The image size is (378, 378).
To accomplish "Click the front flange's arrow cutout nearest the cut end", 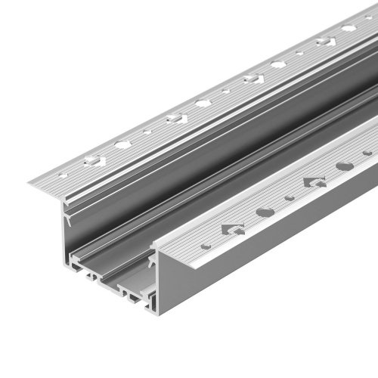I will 233,228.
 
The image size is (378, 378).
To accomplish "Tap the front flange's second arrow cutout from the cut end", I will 314,181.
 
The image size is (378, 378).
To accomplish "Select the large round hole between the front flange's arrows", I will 265,212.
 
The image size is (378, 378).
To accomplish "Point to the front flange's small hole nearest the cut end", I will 206,246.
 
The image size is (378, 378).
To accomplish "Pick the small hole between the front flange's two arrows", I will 290,198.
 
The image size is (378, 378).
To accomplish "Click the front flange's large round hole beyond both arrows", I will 344,166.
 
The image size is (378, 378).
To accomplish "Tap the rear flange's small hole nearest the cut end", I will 63,175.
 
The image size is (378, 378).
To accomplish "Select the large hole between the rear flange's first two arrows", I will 122,143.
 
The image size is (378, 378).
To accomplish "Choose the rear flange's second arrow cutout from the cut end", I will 175,117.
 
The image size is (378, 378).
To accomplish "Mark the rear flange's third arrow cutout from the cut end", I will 253,78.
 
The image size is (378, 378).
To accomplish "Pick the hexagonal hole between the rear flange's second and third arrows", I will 203,103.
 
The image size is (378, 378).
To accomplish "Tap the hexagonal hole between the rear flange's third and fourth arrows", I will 278,64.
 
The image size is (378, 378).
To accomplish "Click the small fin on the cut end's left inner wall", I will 69,220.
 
